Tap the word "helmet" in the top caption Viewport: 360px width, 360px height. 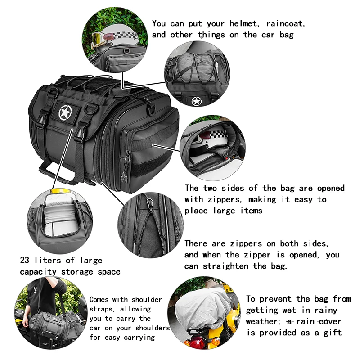[x=243, y=24]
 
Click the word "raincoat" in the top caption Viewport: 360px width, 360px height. [x=285, y=24]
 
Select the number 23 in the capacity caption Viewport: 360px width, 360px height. [x=25, y=260]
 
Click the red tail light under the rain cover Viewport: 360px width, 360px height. [x=197, y=341]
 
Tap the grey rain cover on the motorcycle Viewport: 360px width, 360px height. [x=204, y=306]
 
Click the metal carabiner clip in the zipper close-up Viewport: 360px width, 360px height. [x=150, y=204]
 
